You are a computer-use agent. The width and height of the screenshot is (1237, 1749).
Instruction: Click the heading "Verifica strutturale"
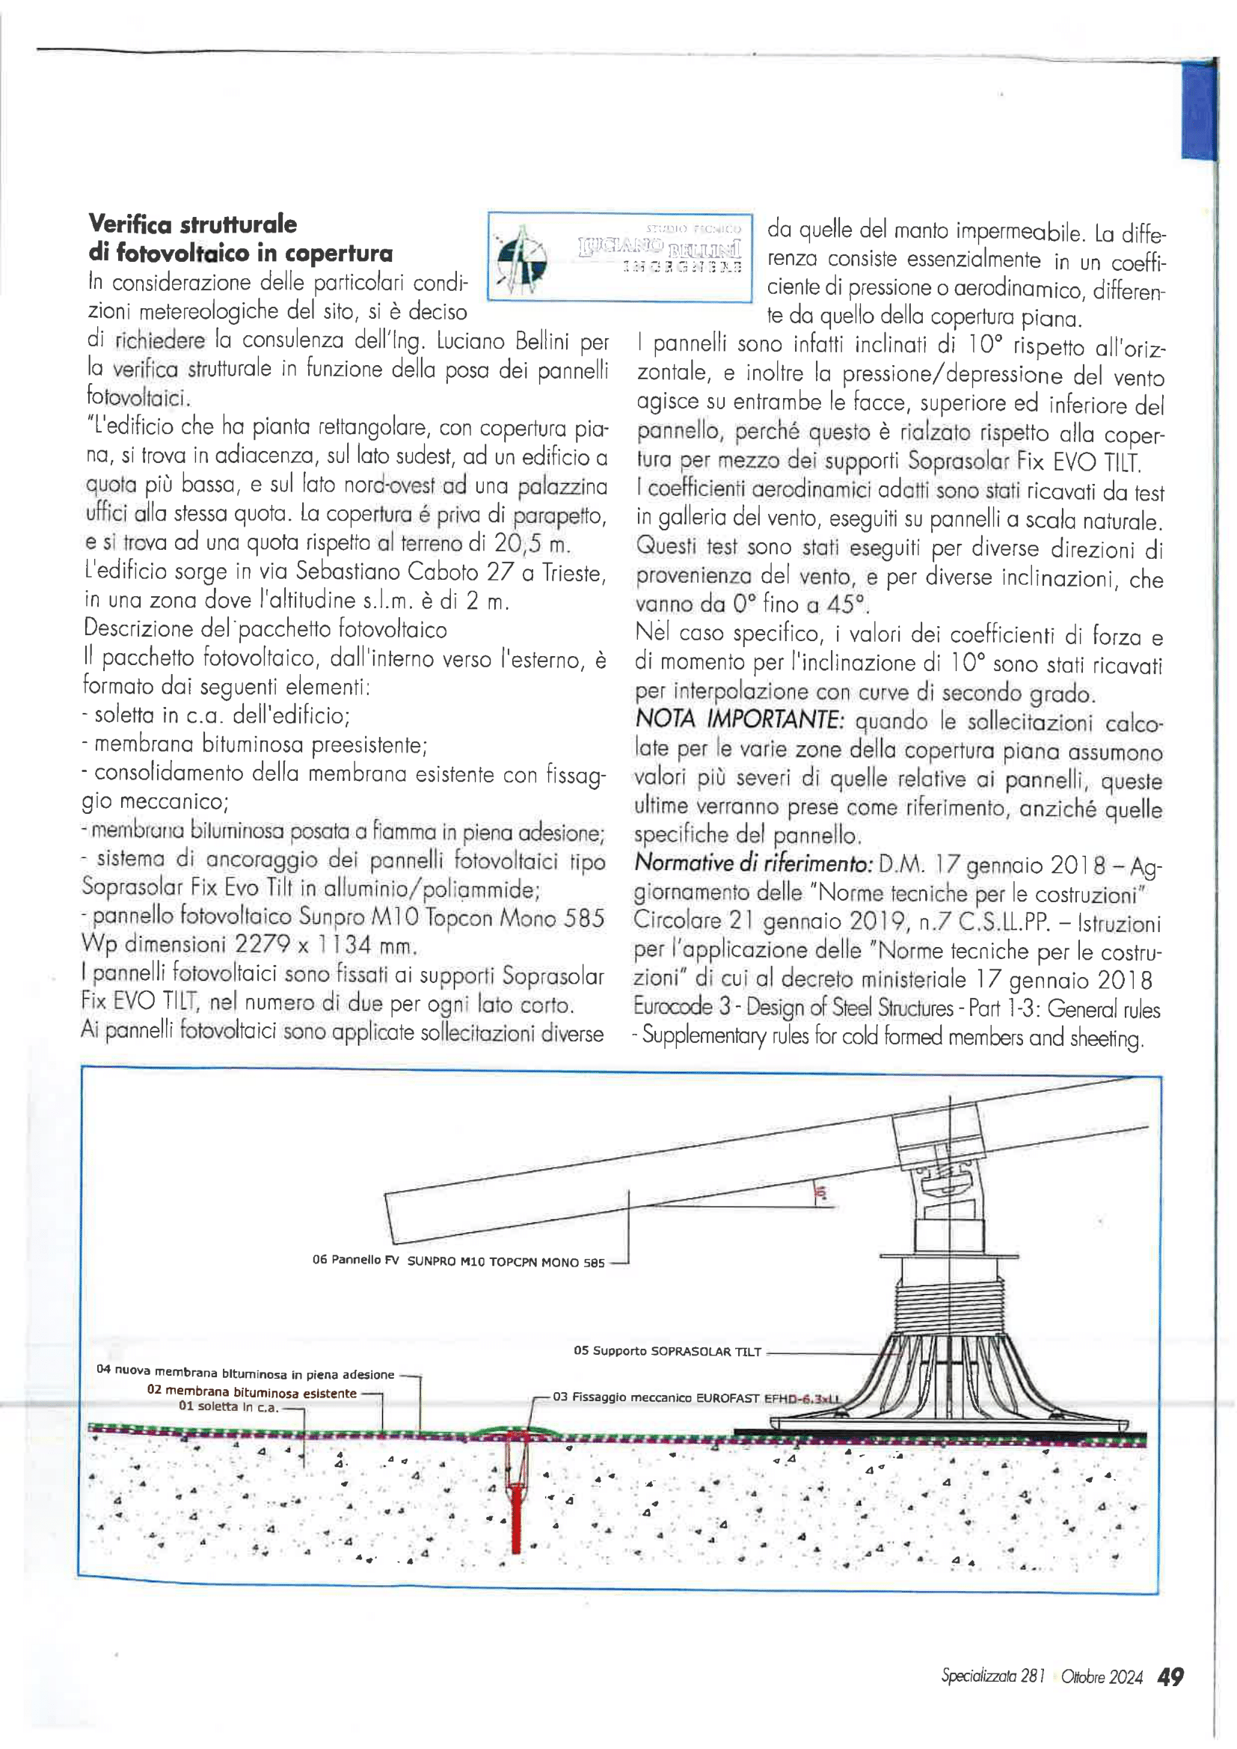[193, 224]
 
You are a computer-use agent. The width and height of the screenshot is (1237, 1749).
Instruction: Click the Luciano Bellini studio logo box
[619, 257]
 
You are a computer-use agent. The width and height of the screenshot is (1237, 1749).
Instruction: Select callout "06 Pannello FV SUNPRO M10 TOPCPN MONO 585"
[458, 1261]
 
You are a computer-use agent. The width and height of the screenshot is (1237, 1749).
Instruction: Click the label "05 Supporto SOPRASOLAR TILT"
[667, 1351]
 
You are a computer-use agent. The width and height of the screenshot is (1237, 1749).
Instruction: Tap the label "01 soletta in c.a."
[229, 1406]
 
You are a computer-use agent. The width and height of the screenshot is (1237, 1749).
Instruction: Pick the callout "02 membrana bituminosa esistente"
[251, 1392]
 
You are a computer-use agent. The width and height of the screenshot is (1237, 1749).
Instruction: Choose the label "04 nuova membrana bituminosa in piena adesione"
[245, 1373]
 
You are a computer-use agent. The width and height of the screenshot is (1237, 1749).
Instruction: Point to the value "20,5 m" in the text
[531, 542]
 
